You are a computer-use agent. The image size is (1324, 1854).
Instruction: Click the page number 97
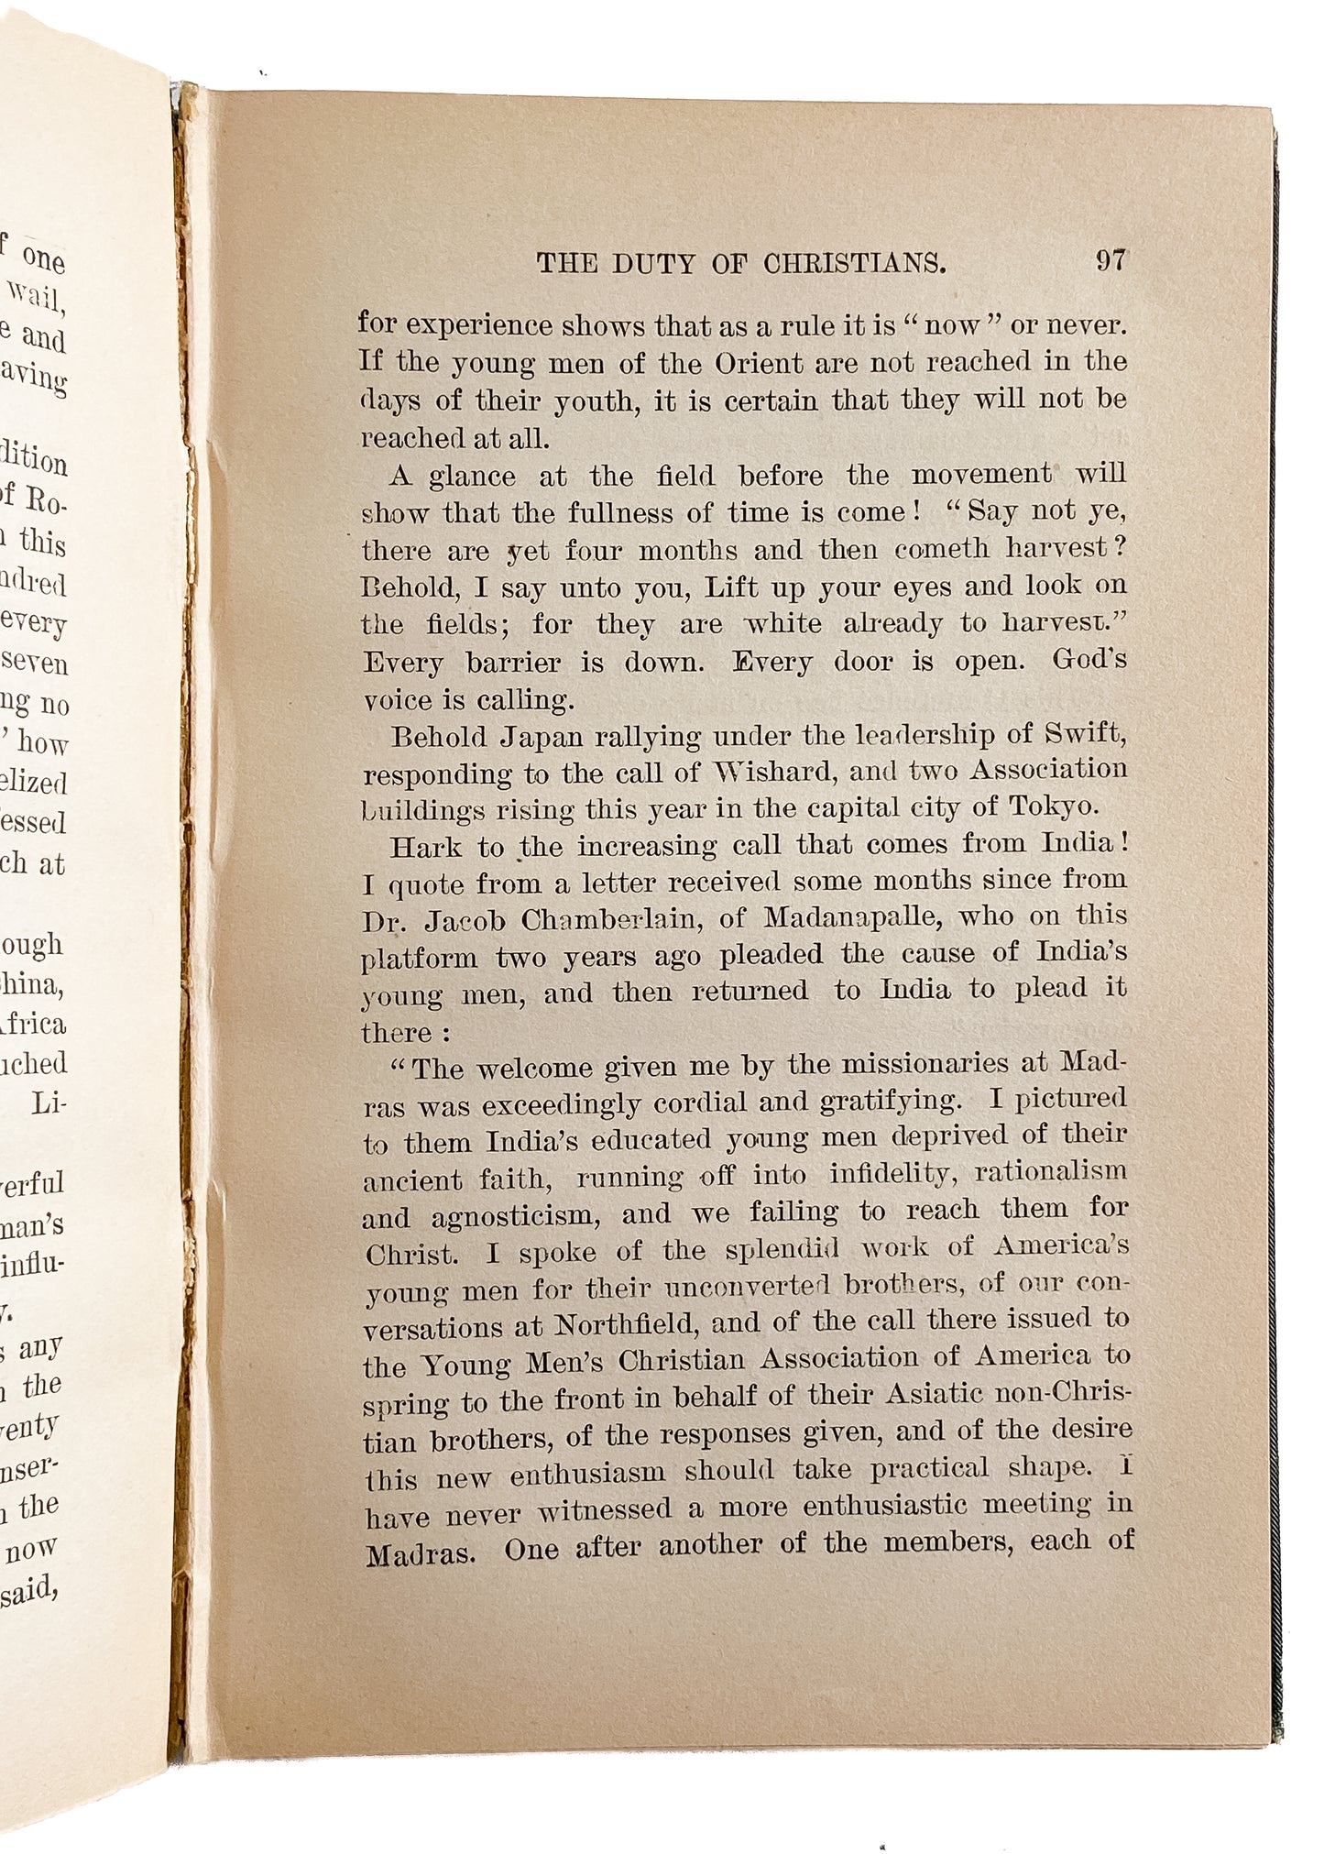[1110, 261]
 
